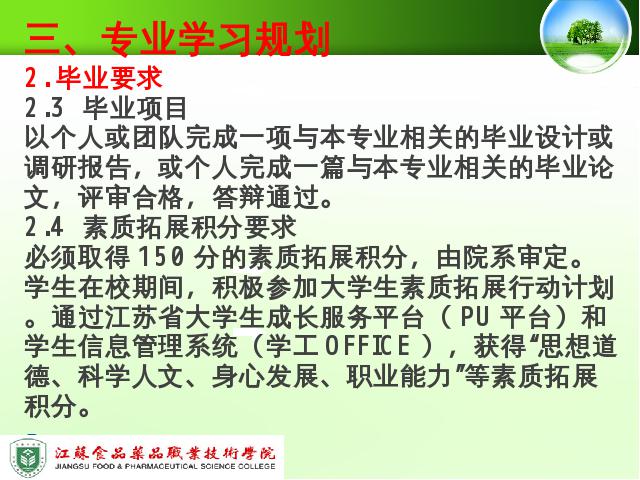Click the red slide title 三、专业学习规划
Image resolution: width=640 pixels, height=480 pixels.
click(x=178, y=39)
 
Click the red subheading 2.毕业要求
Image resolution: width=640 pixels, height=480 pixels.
click(x=93, y=78)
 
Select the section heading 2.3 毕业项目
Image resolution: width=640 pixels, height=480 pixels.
click(x=106, y=108)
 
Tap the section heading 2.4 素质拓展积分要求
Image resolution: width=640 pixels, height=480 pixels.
click(x=160, y=227)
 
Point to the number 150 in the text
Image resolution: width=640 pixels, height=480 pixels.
click(x=161, y=257)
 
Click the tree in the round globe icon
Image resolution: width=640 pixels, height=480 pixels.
click(x=584, y=31)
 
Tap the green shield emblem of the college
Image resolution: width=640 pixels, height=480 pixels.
click(x=27, y=458)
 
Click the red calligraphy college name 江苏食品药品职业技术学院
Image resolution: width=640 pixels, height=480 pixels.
click(x=165, y=453)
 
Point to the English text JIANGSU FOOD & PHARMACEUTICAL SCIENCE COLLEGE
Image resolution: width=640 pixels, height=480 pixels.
click(x=165, y=467)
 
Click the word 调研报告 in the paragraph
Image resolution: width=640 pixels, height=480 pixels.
click(x=78, y=167)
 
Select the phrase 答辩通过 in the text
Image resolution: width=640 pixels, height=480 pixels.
click(x=266, y=197)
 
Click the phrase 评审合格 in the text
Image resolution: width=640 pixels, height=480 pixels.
click(x=131, y=197)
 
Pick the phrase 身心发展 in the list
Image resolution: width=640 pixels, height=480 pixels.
click(x=265, y=376)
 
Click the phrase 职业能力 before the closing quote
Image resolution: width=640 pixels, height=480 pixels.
click(x=400, y=376)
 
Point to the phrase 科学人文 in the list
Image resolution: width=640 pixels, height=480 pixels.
click(x=131, y=376)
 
